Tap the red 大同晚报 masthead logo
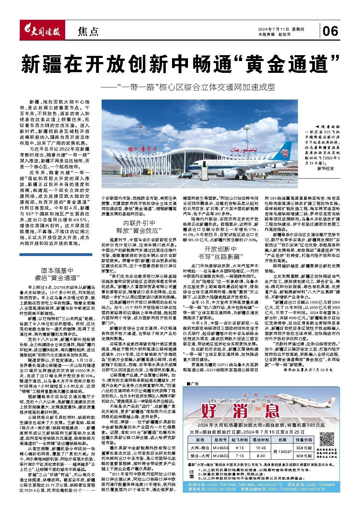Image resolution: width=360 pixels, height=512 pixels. pyautogui.click(x=41, y=32)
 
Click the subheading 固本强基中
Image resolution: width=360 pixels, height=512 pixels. pyautogui.click(x=57, y=271)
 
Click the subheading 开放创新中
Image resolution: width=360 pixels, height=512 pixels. pyautogui.click(x=220, y=249)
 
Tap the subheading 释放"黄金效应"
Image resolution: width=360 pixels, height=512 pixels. pyautogui.click(x=138, y=230)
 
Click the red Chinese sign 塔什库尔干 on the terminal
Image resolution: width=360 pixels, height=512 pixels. pyautogui.click(x=142, y=149)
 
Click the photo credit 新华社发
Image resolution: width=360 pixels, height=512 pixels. pyautogui.click(x=325, y=168)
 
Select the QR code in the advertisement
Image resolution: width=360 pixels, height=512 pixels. pyautogui.click(x=328, y=439)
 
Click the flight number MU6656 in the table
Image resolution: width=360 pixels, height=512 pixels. pyautogui.click(x=221, y=448)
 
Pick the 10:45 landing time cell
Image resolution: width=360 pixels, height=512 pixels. pyautogui.click(x=260, y=448)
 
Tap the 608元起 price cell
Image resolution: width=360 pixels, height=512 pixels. pyautogui.click(x=305, y=456)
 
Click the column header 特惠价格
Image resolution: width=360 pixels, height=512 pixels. pyautogui.click(x=305, y=440)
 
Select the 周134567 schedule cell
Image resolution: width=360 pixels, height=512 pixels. pyautogui.click(x=282, y=452)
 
